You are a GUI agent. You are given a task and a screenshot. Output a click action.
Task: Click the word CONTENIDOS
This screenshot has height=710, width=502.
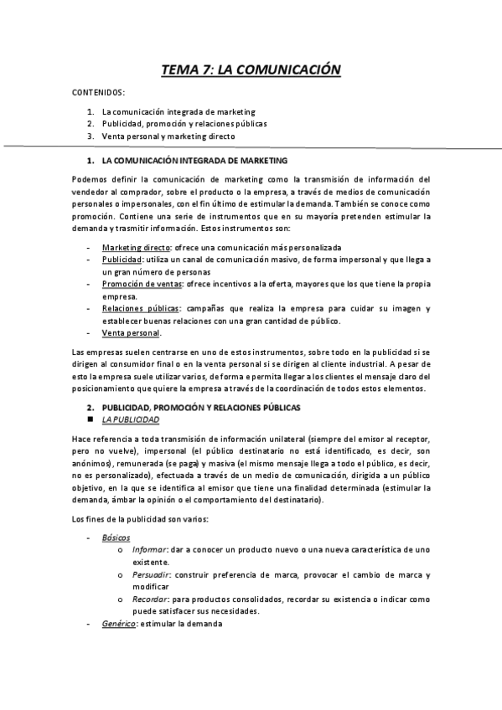[x=99, y=92]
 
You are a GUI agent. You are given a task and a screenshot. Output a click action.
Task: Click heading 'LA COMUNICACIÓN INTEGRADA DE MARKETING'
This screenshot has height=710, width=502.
[x=194, y=159]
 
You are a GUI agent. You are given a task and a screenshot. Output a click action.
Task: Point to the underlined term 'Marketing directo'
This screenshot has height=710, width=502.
[x=137, y=248]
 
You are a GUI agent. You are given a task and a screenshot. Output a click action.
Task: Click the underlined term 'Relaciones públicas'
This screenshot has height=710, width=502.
[x=142, y=308]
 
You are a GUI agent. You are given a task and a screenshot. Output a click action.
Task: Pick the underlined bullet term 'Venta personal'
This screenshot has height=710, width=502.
[x=131, y=332]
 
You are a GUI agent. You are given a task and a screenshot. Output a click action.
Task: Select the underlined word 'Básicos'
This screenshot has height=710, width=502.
[x=116, y=537]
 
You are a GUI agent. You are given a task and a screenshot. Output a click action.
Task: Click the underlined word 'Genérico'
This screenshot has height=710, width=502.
[x=120, y=624]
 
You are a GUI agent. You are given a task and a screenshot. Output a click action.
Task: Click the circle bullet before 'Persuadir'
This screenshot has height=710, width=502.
[x=123, y=575]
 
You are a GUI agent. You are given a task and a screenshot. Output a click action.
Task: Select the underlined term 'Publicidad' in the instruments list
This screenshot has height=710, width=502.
[x=122, y=260]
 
